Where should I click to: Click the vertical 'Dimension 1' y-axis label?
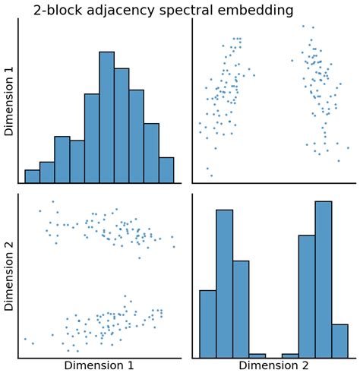coord(10,100)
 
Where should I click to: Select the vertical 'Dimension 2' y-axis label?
coord(10,276)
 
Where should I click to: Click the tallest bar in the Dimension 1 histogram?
coord(106,118)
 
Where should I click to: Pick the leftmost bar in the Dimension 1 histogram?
coord(32,176)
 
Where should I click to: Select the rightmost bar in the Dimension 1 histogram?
coord(166,170)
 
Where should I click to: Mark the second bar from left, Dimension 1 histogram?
coord(47,172)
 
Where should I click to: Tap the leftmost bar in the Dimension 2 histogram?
coord(207,324)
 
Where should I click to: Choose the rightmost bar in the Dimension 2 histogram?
coord(339,341)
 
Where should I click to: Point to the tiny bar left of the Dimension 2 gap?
coord(257,355)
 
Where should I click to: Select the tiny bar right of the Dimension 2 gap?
coord(290,355)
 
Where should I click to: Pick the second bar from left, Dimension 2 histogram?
coord(224,283)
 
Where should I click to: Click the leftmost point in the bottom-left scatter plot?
coord(25,339)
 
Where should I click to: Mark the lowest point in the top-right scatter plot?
coord(211,175)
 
